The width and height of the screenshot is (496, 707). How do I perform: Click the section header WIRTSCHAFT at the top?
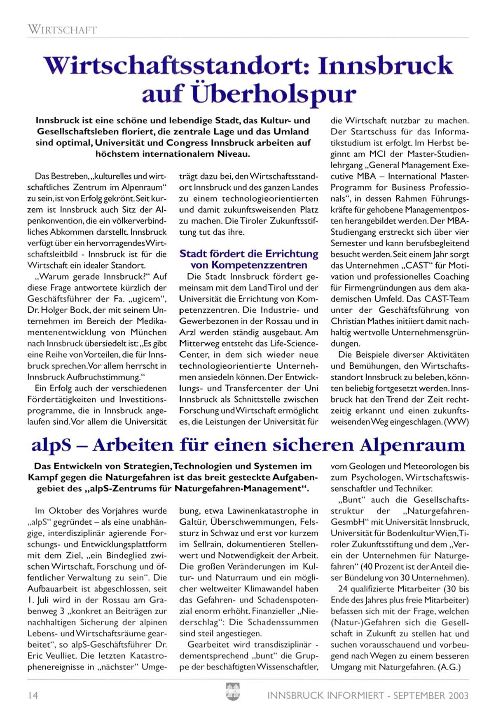coord(62,30)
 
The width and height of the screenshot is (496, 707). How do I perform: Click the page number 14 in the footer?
coord(33,695)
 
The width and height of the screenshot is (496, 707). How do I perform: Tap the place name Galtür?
coord(193,522)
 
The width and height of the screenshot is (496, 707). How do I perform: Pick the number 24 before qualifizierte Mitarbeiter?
coord(343,589)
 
